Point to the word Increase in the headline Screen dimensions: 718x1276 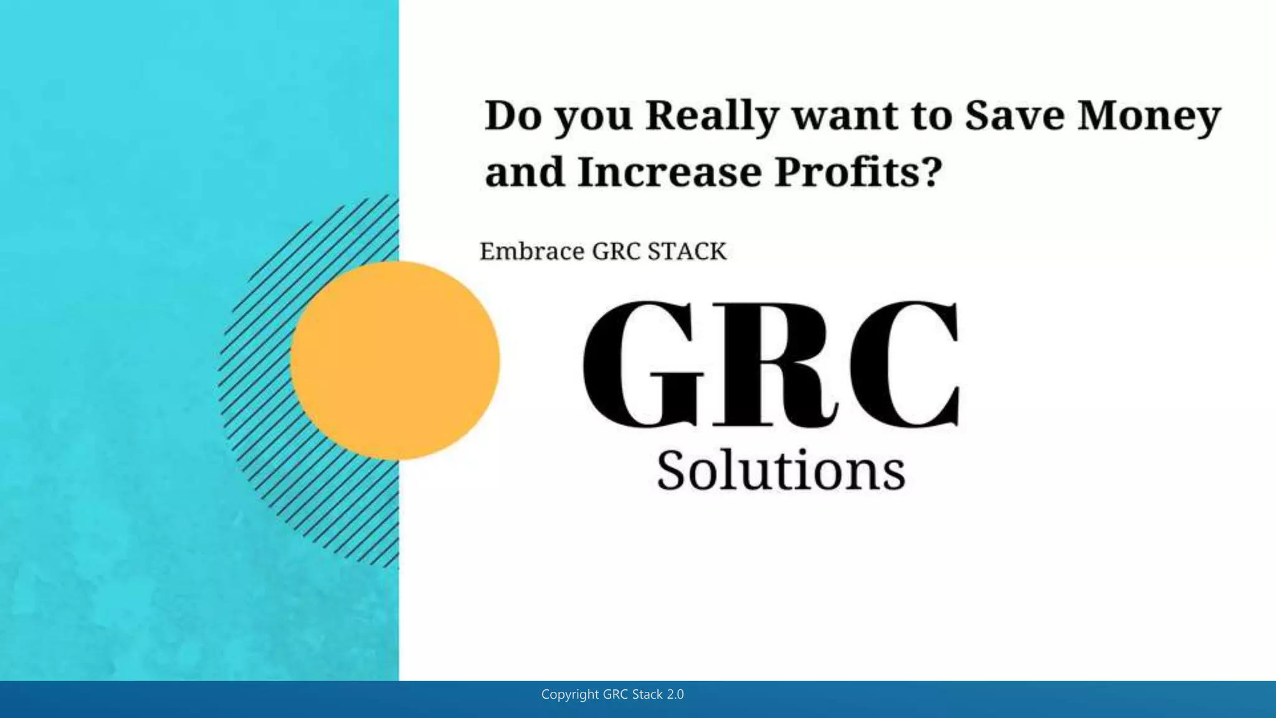669,172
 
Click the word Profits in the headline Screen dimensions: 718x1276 849,172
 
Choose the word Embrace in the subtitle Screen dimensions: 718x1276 532,252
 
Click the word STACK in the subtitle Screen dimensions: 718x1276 687,252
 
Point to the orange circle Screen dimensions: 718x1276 395,360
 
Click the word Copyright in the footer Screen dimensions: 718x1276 569,694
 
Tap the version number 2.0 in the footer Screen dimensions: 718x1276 675,694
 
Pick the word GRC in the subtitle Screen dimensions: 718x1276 616,252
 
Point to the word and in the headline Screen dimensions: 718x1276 525,172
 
